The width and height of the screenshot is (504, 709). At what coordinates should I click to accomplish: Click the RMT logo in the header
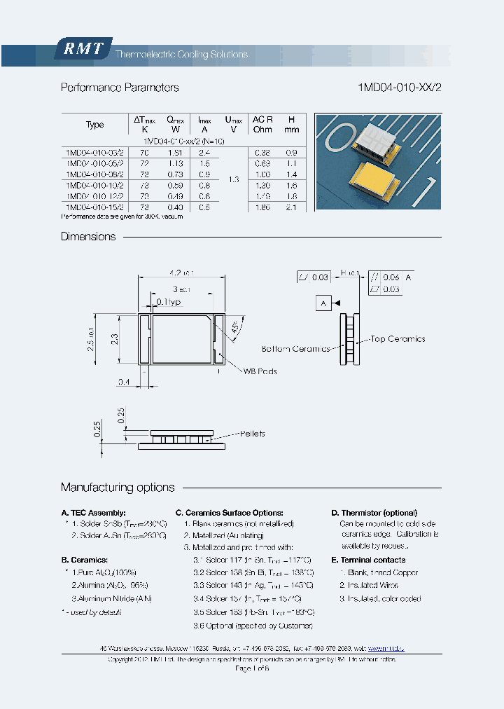click(x=83, y=48)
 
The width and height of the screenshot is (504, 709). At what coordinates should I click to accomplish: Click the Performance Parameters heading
click(x=120, y=88)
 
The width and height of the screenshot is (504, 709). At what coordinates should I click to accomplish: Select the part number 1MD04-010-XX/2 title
click(x=400, y=88)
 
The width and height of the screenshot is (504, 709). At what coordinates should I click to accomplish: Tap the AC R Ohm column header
click(x=262, y=124)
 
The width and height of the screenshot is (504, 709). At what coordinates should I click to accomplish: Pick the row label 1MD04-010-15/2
click(x=94, y=207)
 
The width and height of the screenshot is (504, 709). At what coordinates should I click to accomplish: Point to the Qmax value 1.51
click(x=174, y=152)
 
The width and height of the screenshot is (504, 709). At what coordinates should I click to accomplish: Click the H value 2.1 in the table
click(x=292, y=207)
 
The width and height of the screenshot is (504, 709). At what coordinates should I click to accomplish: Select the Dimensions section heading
click(x=88, y=237)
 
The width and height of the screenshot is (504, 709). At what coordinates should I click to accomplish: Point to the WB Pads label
click(x=260, y=371)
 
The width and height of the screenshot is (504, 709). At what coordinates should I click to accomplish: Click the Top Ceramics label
click(x=398, y=339)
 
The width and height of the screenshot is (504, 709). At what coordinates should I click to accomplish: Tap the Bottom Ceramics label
click(x=295, y=349)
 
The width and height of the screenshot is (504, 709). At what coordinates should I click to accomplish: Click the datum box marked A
click(x=323, y=303)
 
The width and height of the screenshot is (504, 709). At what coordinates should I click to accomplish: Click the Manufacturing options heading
click(x=118, y=488)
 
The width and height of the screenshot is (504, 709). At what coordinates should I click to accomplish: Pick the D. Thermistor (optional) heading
click(x=374, y=513)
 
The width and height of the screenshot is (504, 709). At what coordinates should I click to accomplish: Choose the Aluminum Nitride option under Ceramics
click(x=111, y=598)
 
